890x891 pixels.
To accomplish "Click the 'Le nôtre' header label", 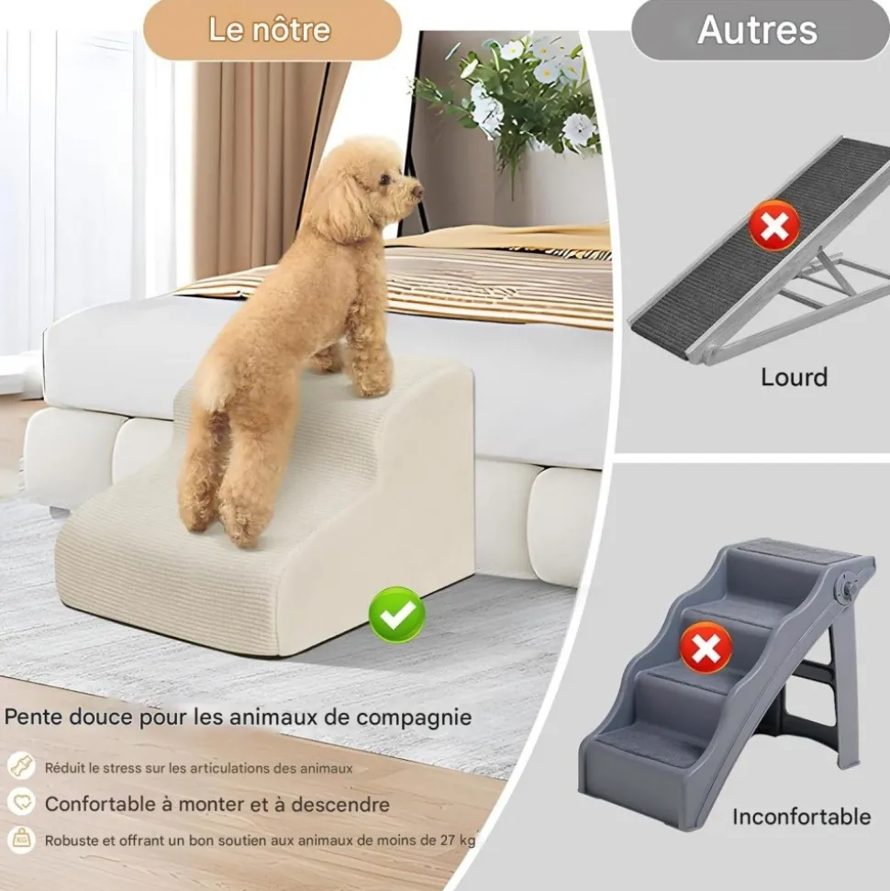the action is [270, 29].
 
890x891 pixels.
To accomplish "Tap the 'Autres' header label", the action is [757, 29].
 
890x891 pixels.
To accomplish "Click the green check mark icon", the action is [396, 615].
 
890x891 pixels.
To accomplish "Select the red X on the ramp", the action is [774, 226].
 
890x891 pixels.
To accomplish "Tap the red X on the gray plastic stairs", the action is [706, 647].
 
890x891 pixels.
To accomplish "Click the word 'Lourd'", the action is [794, 377].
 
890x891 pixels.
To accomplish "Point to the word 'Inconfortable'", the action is [801, 817].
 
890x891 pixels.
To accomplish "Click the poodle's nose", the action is [419, 192].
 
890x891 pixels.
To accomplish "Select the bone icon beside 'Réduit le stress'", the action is [22, 766].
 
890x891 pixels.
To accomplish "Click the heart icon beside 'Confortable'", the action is [22, 802].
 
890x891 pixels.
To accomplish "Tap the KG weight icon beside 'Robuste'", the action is [22, 840].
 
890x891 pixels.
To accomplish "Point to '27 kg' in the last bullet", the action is [458, 841].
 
